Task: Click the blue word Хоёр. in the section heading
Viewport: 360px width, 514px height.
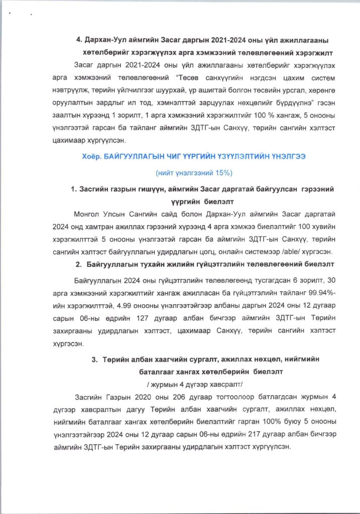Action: coord(92,157)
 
